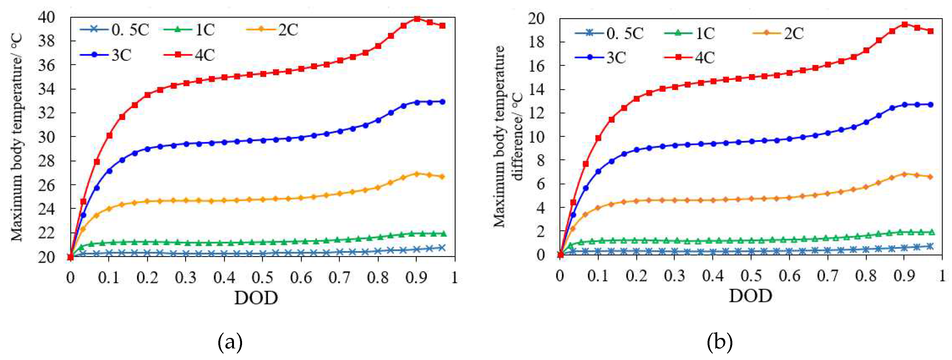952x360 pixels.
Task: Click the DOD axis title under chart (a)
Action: pyautogui.click(x=256, y=298)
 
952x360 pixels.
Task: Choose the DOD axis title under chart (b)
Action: pyautogui.click(x=750, y=296)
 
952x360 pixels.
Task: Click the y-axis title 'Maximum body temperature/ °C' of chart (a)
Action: pyautogui.click(x=17, y=137)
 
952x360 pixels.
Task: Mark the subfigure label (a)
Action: pyautogui.click(x=230, y=342)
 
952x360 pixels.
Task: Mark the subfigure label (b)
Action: pyautogui.click(x=719, y=342)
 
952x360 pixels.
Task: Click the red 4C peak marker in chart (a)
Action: pyautogui.click(x=417, y=19)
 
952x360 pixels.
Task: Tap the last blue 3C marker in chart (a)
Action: pyautogui.click(x=442, y=102)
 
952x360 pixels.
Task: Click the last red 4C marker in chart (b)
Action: pyautogui.click(x=930, y=31)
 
